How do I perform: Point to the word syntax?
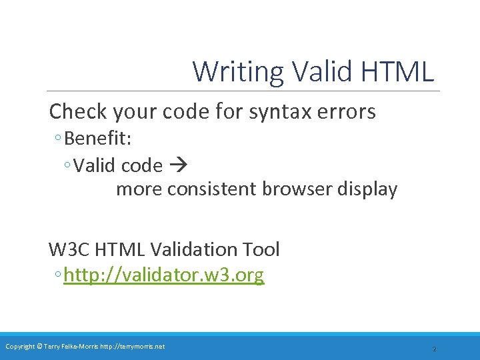click(279, 112)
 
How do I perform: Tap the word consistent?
click(211, 189)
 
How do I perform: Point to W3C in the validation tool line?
click(69, 250)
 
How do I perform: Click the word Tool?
click(262, 250)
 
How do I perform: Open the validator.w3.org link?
click(164, 275)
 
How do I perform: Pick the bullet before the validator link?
click(59, 275)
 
